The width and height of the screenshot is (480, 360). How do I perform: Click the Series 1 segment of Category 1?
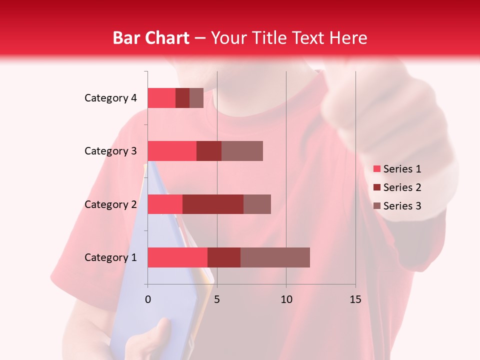point(177,257)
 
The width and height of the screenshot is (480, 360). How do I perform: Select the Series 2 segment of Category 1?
point(224,257)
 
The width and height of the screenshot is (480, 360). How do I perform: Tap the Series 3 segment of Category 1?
point(275,257)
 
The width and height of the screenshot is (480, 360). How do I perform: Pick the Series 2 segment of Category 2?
point(213,204)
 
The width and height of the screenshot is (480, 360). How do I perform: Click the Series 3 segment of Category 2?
point(257,204)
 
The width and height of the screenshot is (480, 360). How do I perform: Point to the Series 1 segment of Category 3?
point(172,151)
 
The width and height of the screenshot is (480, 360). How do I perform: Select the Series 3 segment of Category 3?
point(242,151)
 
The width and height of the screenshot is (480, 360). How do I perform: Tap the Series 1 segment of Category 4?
point(161,98)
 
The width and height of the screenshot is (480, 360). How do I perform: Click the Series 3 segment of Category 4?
point(196,98)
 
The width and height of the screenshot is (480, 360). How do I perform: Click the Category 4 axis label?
point(110,98)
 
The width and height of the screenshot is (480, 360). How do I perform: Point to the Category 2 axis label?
point(110,204)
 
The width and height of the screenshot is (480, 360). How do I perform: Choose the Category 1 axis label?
point(110,257)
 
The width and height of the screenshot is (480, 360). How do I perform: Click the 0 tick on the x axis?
point(148,299)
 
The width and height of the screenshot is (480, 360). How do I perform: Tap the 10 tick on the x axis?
point(286,299)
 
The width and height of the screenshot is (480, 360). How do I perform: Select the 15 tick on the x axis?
point(355,299)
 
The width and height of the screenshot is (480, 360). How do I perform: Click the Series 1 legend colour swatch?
point(376,169)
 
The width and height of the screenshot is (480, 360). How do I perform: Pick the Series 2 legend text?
point(402,187)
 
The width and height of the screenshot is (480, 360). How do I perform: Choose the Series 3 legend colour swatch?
point(376,206)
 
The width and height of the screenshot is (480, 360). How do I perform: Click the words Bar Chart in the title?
point(151,37)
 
